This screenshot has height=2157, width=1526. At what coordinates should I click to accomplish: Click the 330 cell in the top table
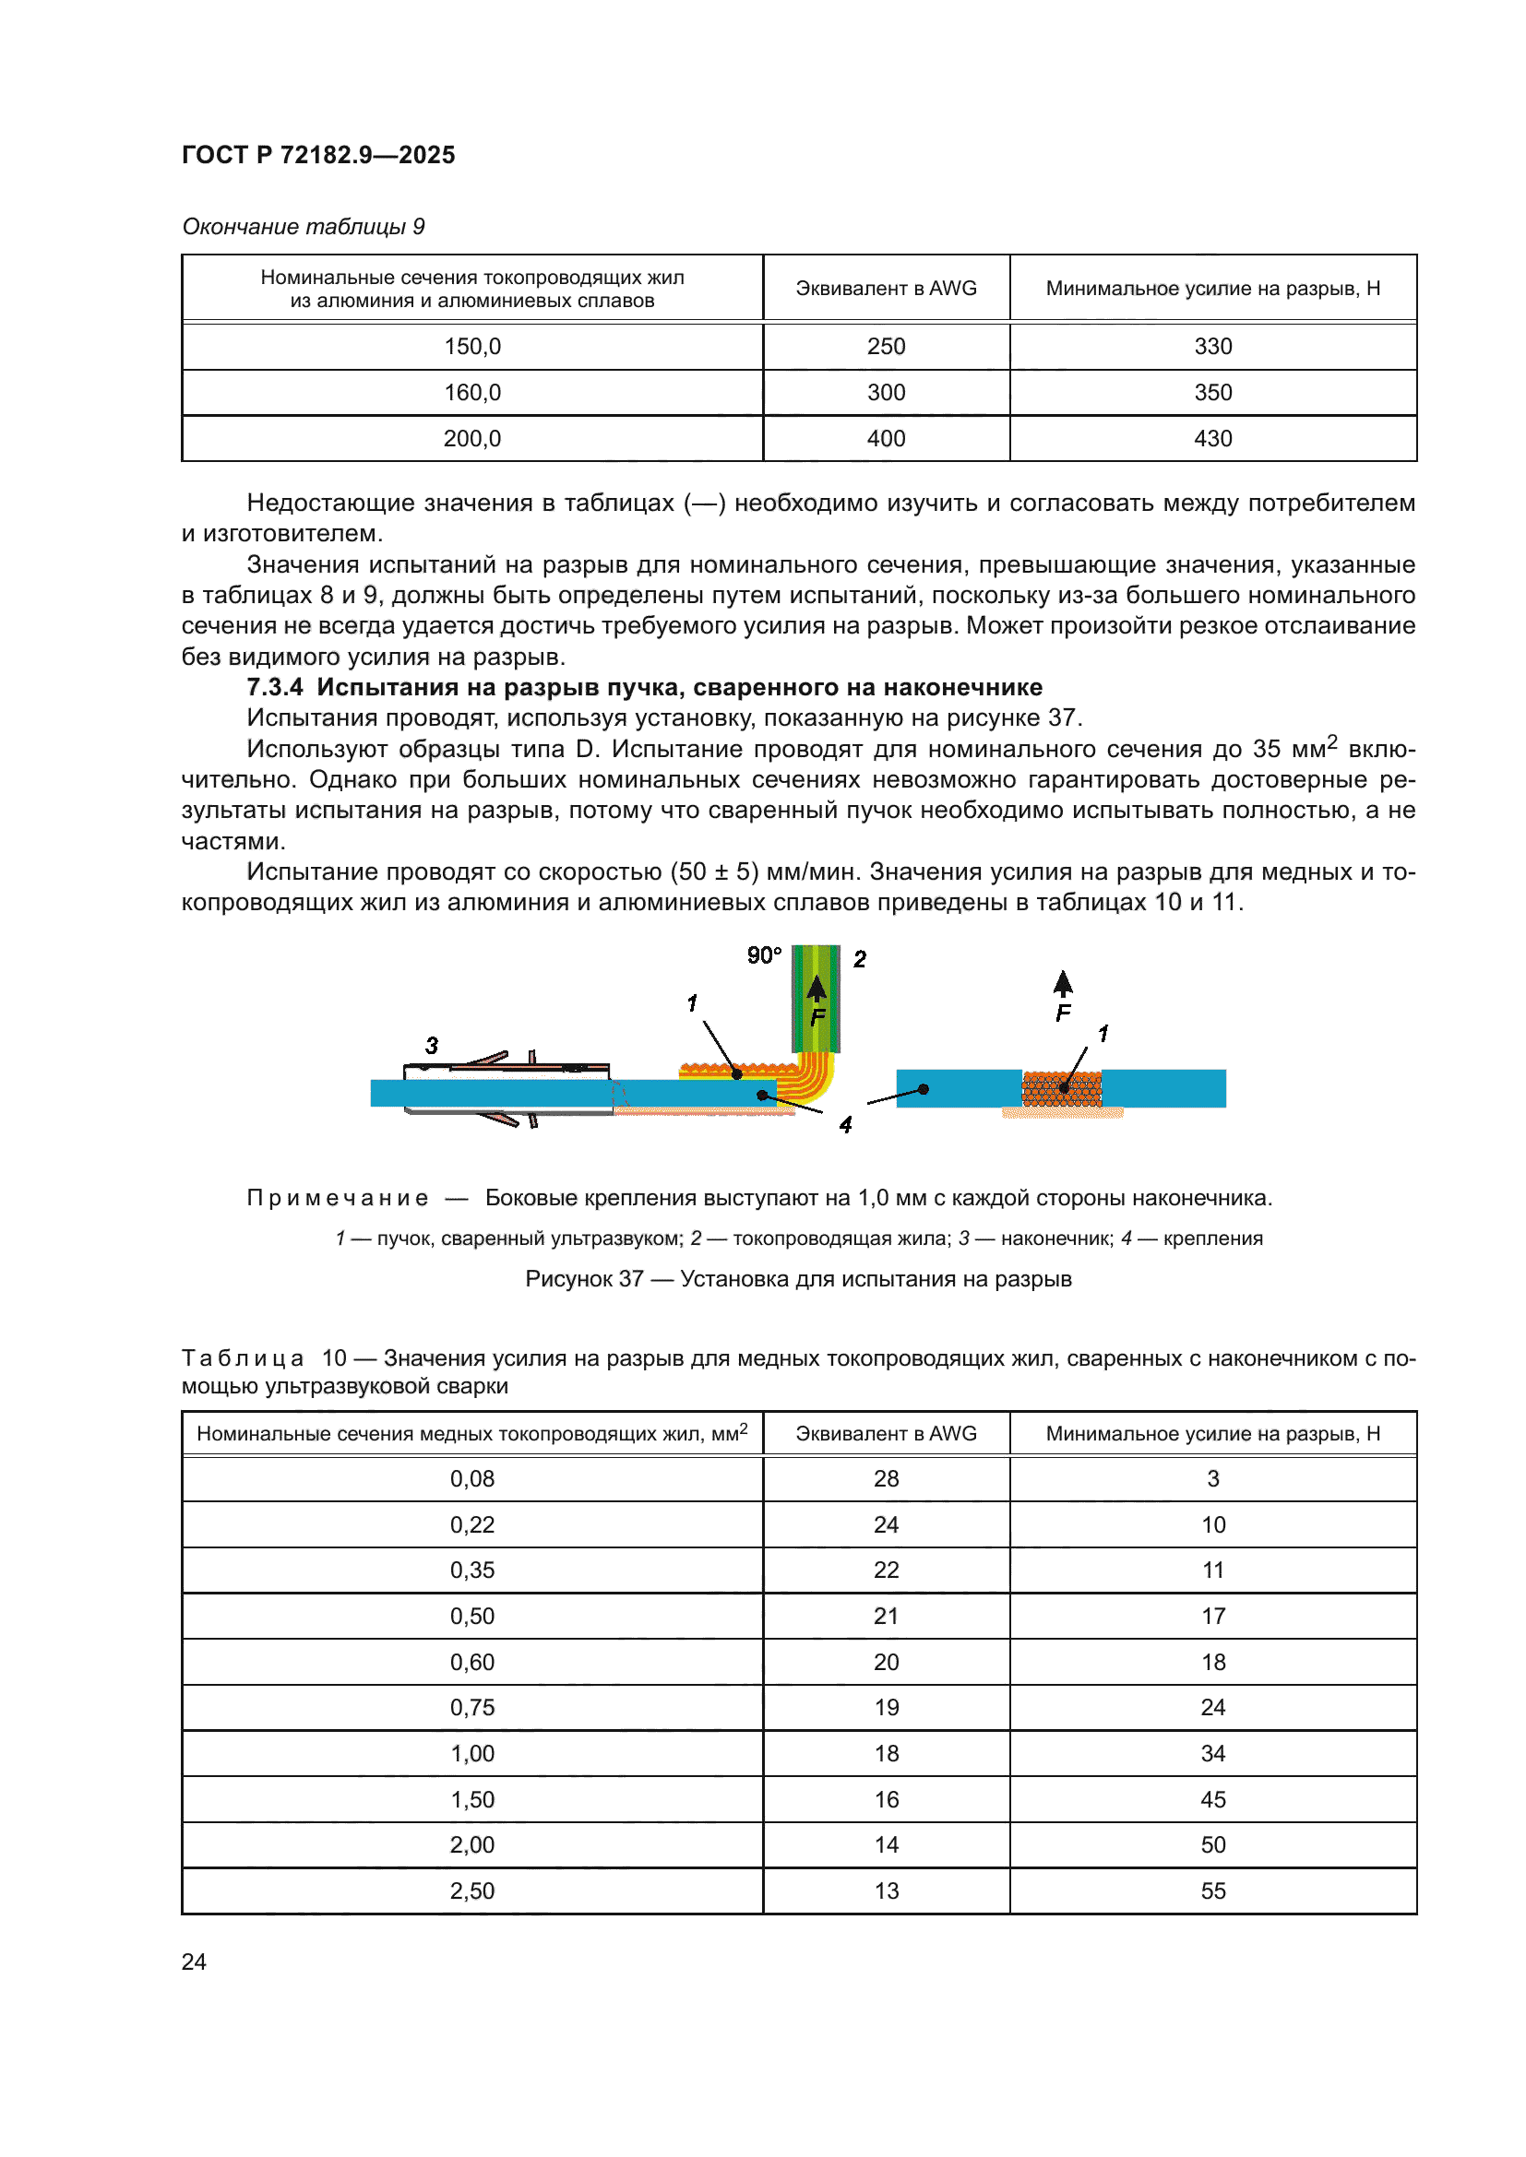[1212, 347]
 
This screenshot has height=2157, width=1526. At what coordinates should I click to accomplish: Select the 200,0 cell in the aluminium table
[471, 439]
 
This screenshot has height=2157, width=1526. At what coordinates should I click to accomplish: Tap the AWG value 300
[885, 393]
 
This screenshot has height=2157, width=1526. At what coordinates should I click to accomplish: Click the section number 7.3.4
[274, 688]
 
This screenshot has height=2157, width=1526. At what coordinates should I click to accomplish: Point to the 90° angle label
[764, 955]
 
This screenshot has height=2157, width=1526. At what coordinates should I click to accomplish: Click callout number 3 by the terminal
[431, 1046]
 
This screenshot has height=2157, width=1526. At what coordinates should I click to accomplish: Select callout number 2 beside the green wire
[859, 959]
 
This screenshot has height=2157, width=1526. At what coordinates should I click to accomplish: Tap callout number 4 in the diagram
[845, 1124]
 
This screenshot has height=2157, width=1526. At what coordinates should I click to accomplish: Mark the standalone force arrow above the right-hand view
[1063, 984]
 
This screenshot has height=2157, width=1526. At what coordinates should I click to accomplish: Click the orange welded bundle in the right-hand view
[1061, 1089]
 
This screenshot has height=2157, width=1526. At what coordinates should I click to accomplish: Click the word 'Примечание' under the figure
[338, 1198]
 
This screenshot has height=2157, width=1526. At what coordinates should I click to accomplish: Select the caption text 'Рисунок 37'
[583, 1278]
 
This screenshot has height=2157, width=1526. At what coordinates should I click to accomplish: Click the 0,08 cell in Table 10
[471, 1478]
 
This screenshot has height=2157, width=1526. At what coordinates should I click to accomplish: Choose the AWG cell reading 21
[885, 1616]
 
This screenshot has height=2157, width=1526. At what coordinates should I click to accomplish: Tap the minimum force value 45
[1212, 1799]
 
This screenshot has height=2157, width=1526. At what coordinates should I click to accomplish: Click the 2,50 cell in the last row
[471, 1890]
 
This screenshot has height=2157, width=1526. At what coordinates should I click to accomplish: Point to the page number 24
[194, 1961]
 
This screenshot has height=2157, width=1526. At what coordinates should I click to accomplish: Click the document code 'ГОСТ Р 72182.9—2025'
[317, 155]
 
